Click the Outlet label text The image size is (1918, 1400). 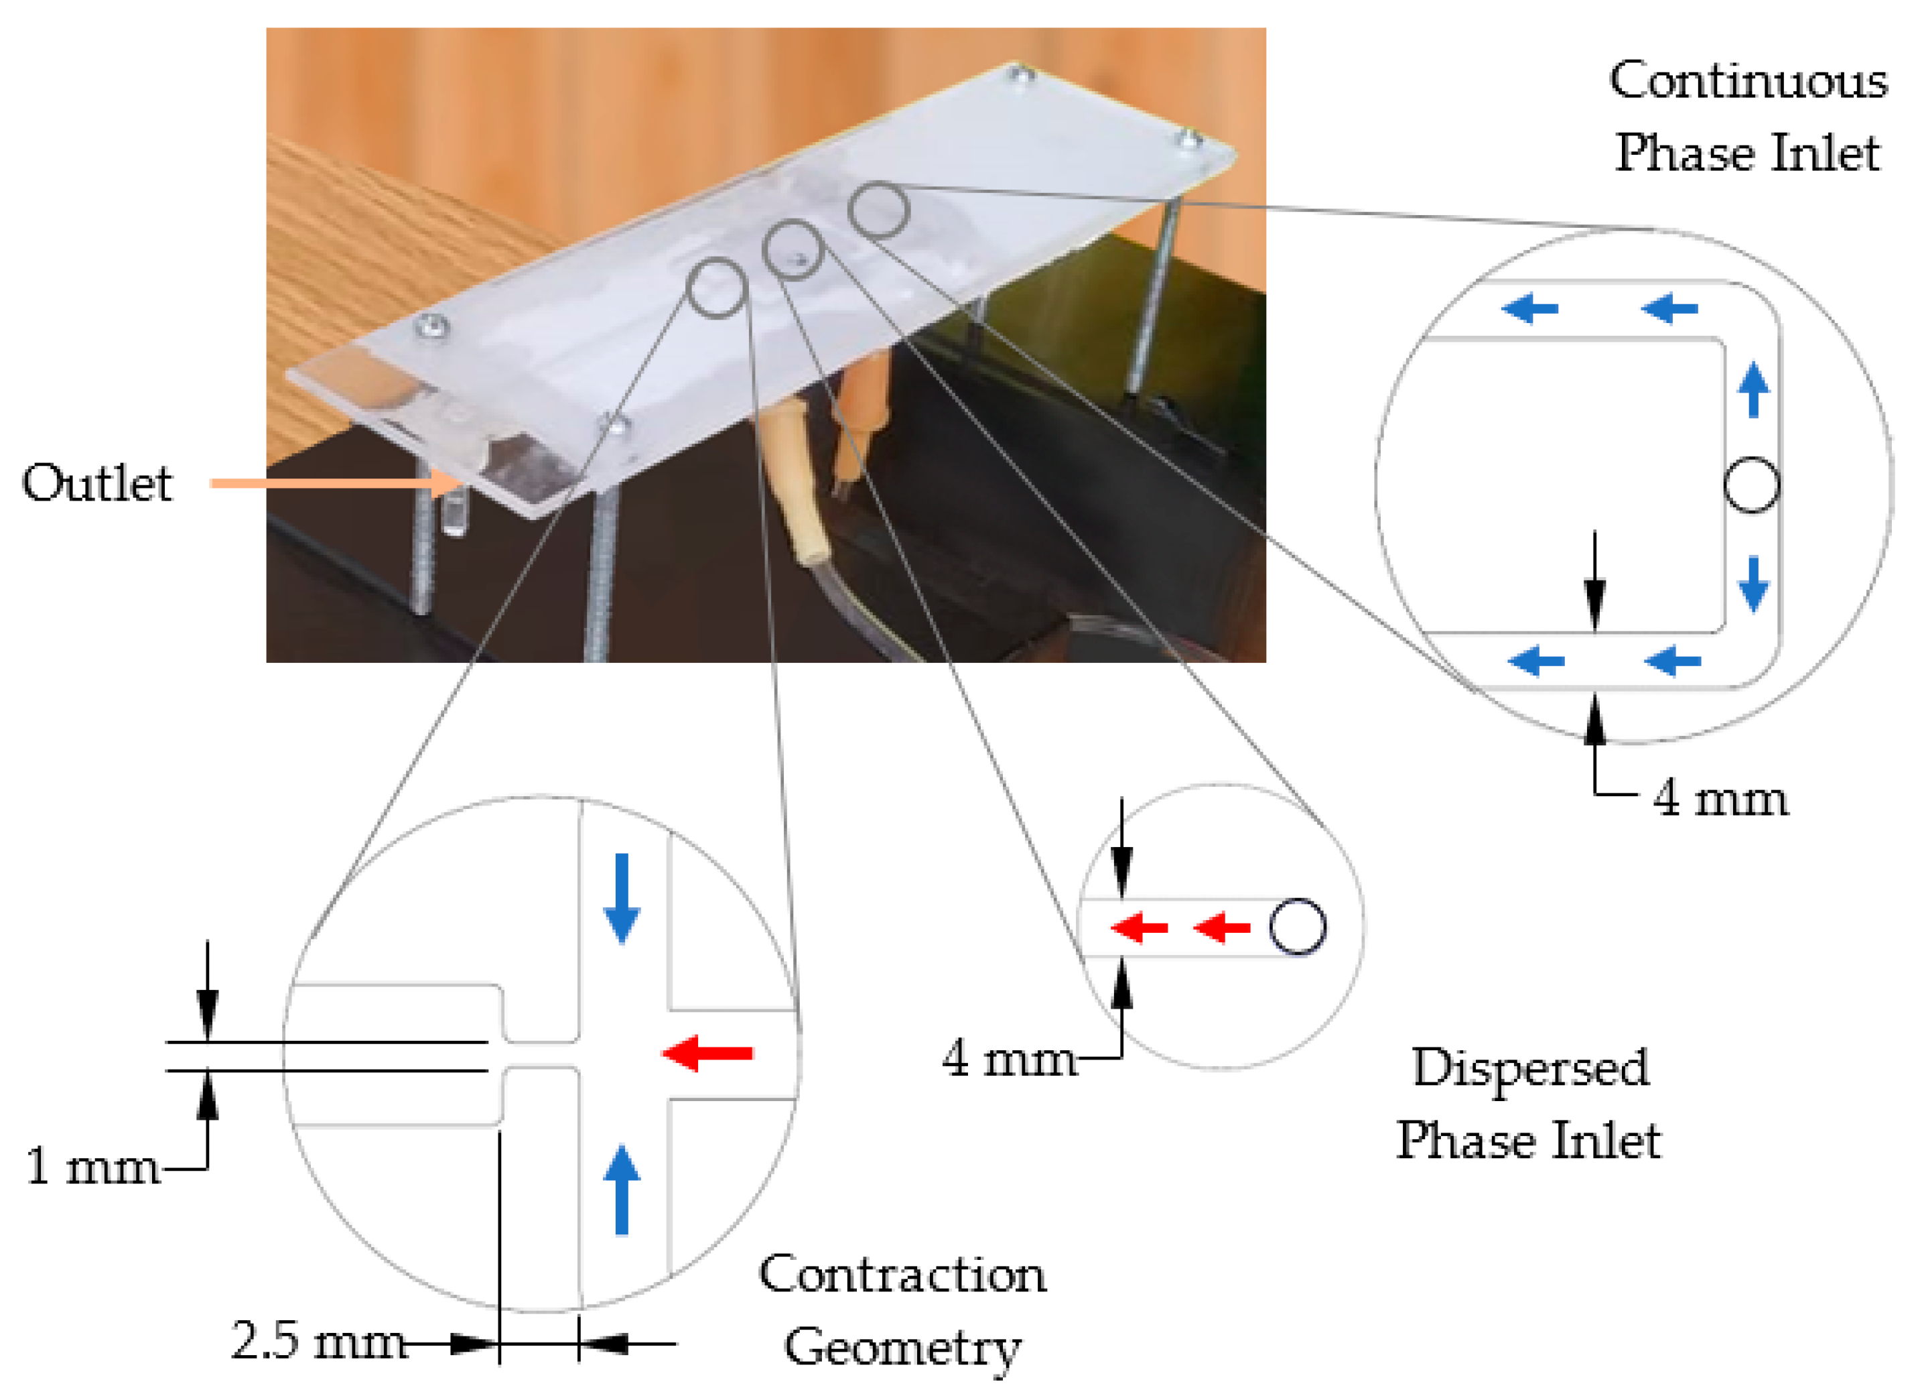click(x=96, y=484)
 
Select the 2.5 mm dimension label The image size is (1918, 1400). click(x=318, y=1342)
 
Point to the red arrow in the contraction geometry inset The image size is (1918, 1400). click(x=707, y=1054)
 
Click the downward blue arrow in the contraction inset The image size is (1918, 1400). click(x=622, y=898)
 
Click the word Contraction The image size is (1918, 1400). click(x=902, y=1275)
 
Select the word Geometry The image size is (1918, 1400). click(x=902, y=1348)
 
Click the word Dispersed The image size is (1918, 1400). click(x=1530, y=1067)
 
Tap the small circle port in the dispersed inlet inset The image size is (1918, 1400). click(x=1297, y=927)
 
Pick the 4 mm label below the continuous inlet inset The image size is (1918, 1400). click(x=1720, y=798)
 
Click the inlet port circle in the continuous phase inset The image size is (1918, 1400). click(x=1751, y=485)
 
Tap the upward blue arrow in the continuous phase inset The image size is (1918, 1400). click(x=1753, y=390)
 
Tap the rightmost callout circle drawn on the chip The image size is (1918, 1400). click(x=878, y=209)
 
